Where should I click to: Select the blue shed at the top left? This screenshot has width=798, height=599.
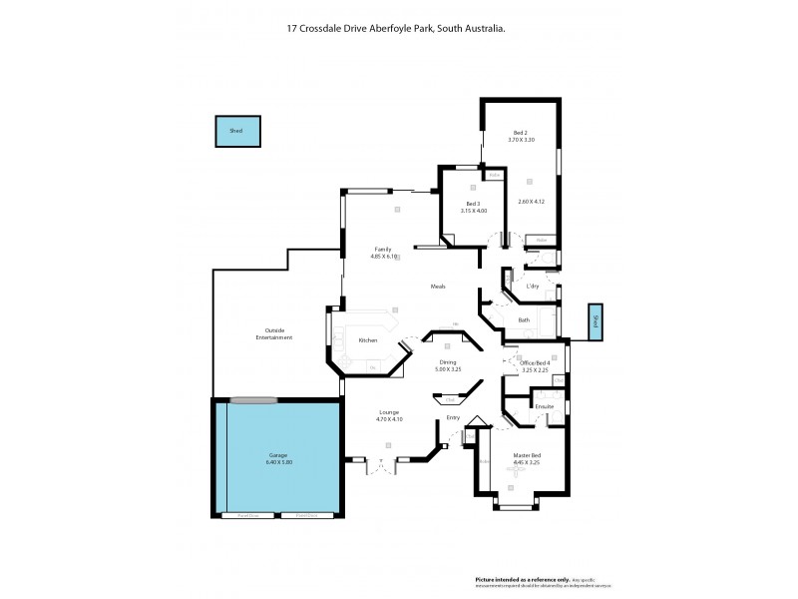pyautogui.click(x=237, y=131)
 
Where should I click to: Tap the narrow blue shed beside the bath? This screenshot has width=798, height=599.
pyautogui.click(x=596, y=321)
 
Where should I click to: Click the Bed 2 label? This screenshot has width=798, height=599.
pyautogui.click(x=521, y=133)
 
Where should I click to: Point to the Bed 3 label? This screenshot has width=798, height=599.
pyautogui.click(x=474, y=204)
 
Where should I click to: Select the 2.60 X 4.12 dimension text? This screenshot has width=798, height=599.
pyautogui.click(x=534, y=203)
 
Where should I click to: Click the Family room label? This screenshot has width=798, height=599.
pyautogui.click(x=383, y=249)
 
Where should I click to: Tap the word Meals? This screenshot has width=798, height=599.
pyautogui.click(x=437, y=287)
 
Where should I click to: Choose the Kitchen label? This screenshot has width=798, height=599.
pyautogui.click(x=368, y=340)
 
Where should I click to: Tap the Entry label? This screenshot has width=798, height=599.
pyautogui.click(x=453, y=417)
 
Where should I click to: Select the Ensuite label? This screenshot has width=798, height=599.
pyautogui.click(x=544, y=406)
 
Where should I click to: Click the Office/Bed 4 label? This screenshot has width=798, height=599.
pyautogui.click(x=536, y=362)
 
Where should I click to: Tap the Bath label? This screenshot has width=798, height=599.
pyautogui.click(x=524, y=319)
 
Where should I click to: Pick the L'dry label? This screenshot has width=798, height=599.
pyautogui.click(x=532, y=288)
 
